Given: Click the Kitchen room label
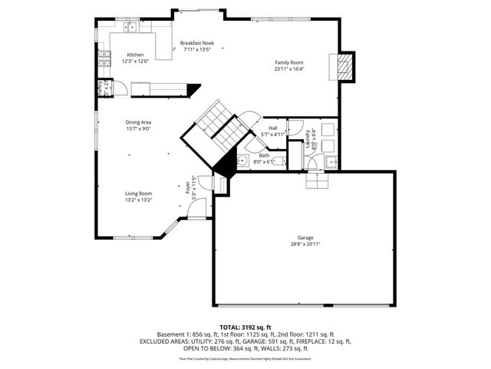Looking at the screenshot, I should [x=135, y=55].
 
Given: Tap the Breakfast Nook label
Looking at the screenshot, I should [x=197, y=43].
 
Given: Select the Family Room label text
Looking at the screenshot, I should [x=290, y=62].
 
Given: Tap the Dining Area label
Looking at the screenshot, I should [x=139, y=122].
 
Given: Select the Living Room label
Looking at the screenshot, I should [x=139, y=193].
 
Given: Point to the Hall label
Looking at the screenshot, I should [x=273, y=128].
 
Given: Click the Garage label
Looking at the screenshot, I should [x=305, y=238].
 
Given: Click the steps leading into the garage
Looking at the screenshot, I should [x=316, y=181].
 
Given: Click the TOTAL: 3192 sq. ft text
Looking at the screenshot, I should [x=245, y=327].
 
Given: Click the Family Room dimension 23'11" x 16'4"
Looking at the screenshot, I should [x=290, y=69].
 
